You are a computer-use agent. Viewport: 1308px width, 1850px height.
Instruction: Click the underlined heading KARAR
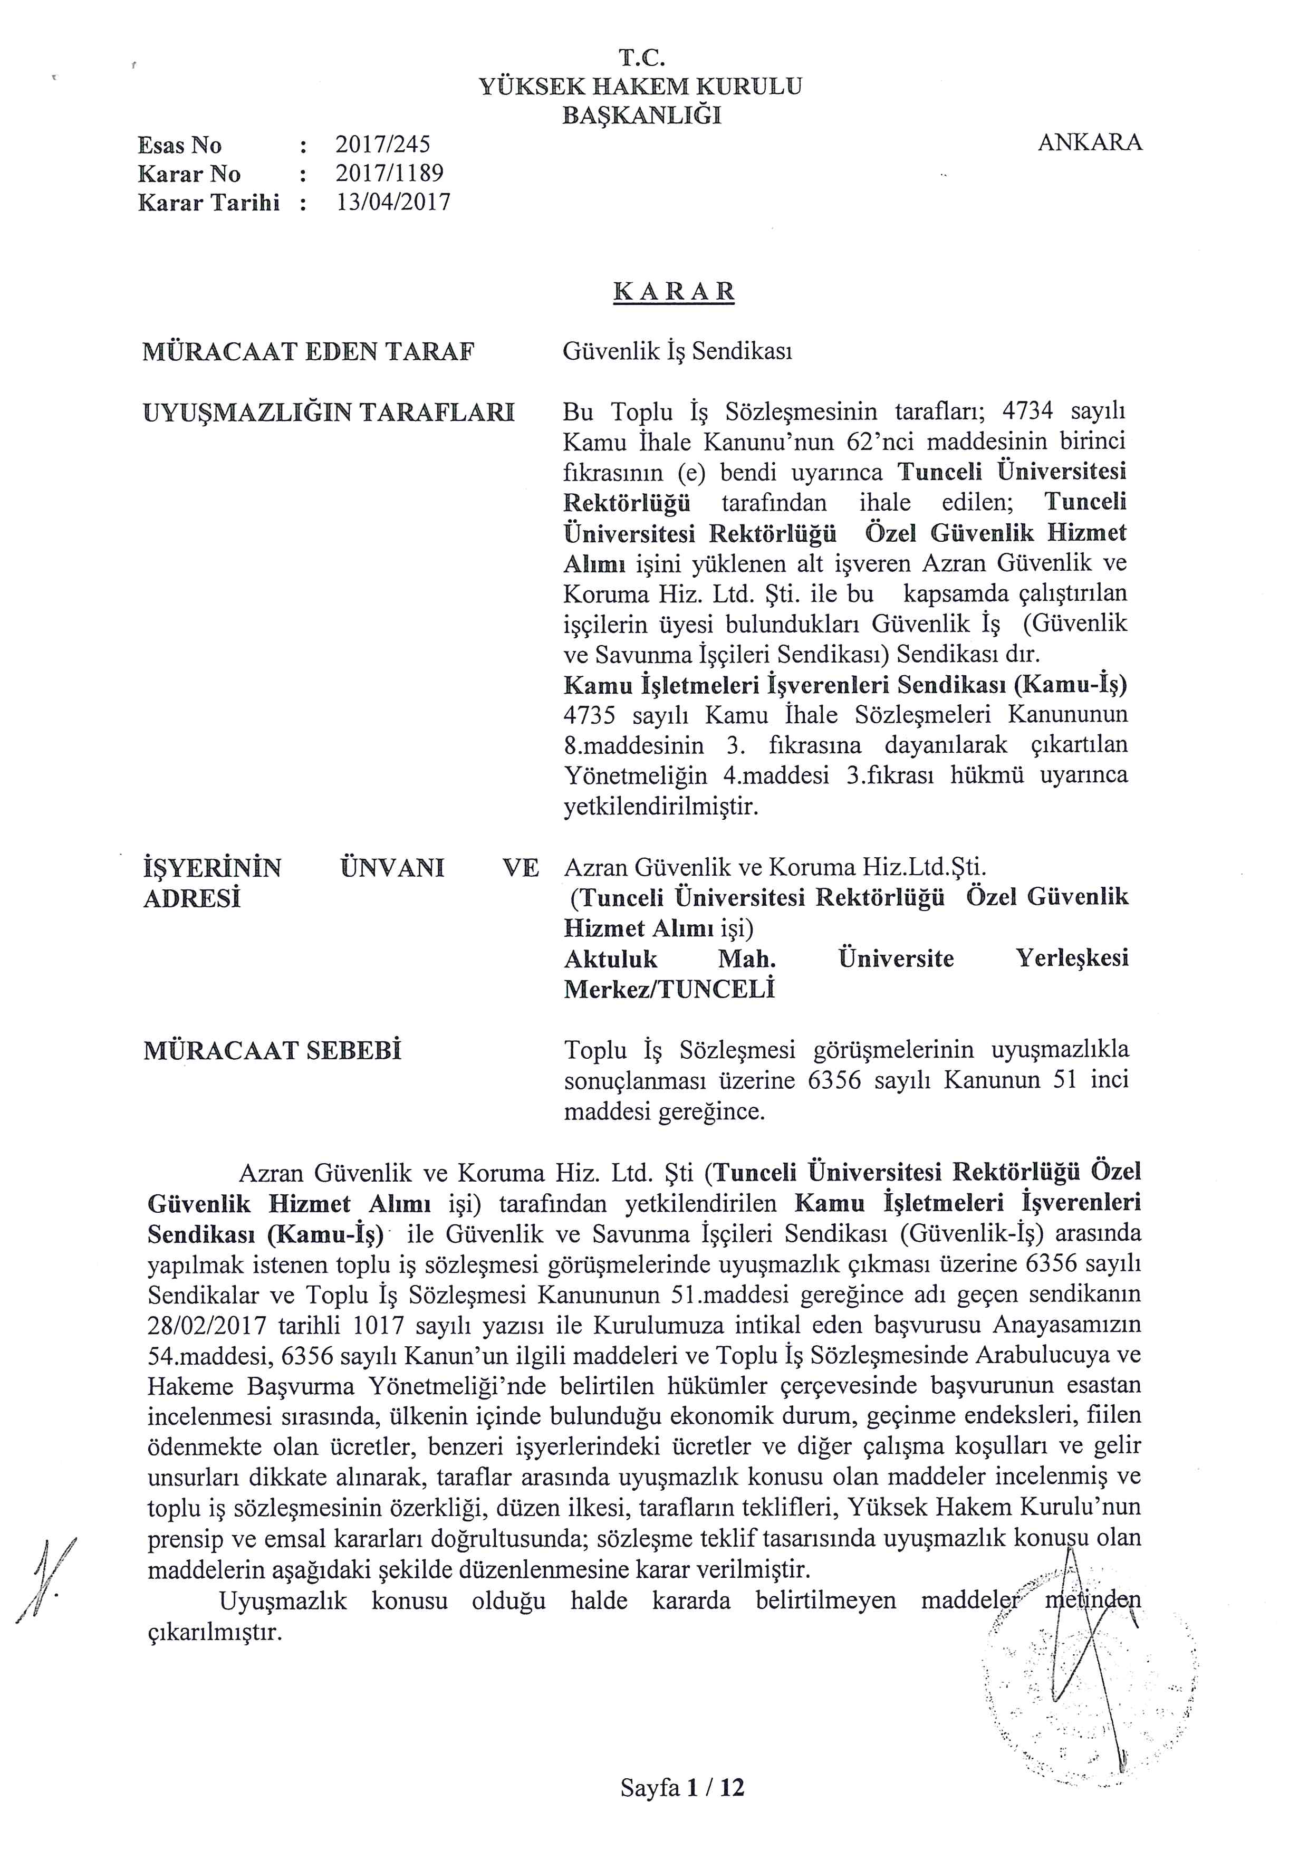click(x=674, y=291)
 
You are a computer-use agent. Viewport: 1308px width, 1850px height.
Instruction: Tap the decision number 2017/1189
click(x=389, y=173)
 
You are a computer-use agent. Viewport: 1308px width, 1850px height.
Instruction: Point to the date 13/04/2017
click(x=393, y=202)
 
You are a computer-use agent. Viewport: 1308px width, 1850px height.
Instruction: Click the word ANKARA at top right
click(x=1089, y=142)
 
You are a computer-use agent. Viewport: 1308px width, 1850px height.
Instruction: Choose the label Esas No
click(x=180, y=145)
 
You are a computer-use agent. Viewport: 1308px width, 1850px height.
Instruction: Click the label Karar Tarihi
click(x=209, y=202)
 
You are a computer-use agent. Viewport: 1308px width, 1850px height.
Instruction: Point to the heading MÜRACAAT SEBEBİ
click(x=272, y=1051)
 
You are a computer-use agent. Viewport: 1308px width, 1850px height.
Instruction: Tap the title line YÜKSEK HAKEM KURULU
click(x=641, y=86)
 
